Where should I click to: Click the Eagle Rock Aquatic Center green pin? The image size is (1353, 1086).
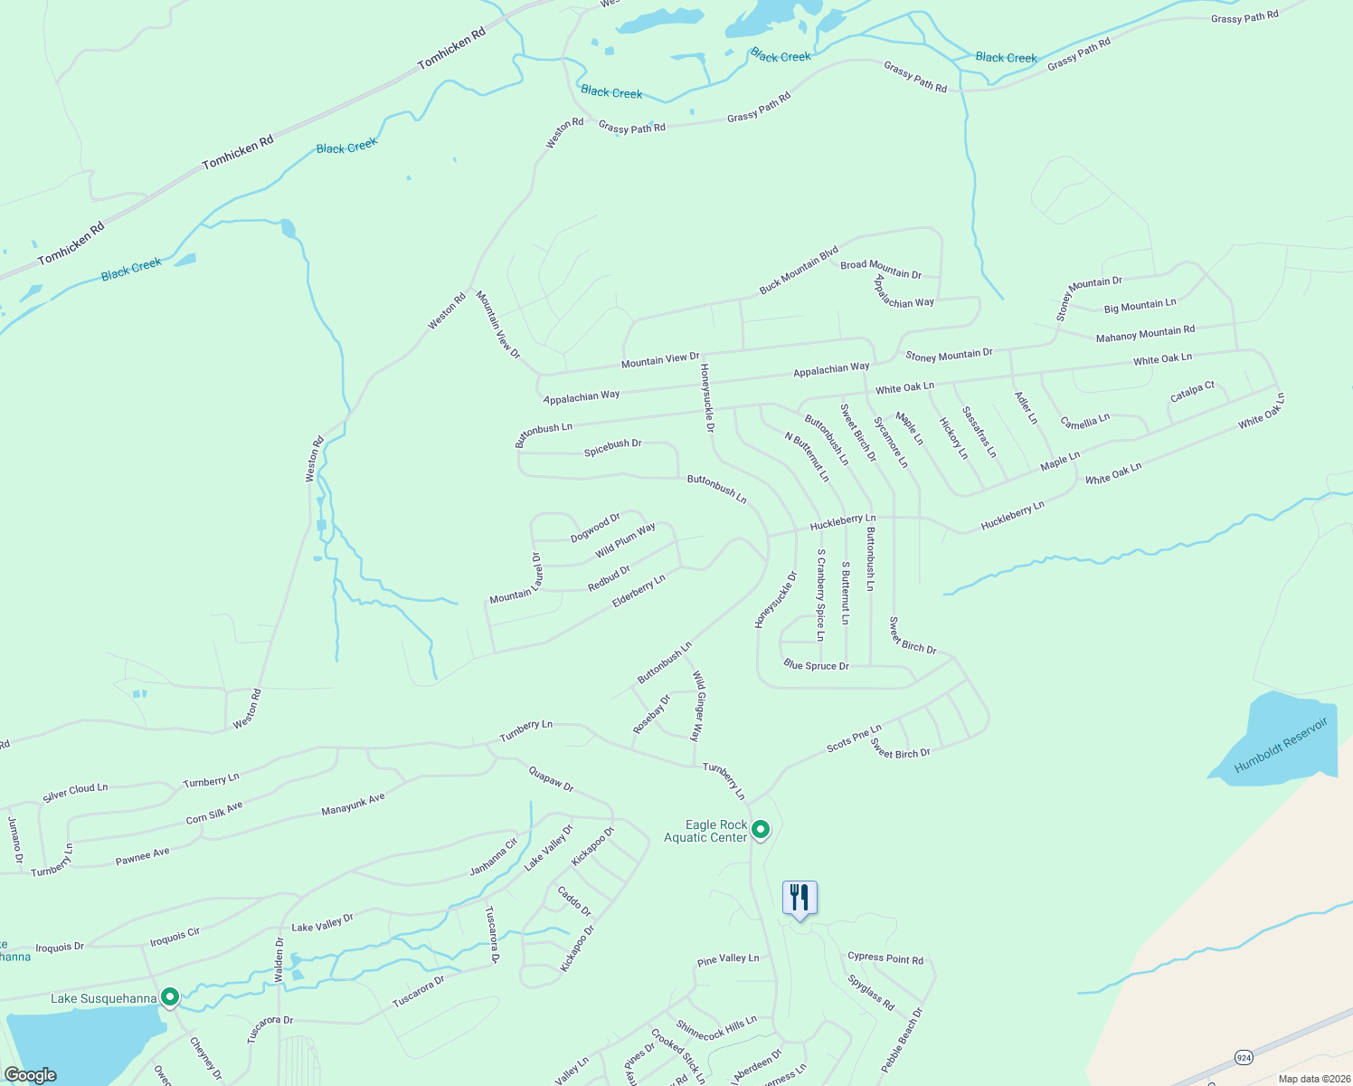coord(761,829)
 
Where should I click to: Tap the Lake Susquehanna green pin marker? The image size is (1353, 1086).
coord(169,997)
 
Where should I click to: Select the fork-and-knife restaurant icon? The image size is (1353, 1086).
coord(799,898)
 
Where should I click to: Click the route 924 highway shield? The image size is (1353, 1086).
coord(1245,1056)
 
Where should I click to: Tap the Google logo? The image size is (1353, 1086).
coord(30,1075)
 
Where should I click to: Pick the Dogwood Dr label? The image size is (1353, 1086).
coord(595,528)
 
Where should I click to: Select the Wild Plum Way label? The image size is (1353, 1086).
coord(625,540)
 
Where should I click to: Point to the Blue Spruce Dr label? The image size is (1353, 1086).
coord(816,665)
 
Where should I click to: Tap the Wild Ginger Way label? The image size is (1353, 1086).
coord(697,706)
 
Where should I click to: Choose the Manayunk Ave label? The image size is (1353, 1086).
coord(353,804)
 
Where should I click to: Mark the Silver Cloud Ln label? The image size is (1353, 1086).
coord(75,793)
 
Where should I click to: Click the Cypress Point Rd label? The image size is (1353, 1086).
coord(885,957)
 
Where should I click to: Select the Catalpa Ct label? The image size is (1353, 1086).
coord(1192,392)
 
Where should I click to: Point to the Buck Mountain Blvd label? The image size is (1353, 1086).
coord(799,270)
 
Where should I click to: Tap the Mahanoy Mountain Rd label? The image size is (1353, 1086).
coord(1145,334)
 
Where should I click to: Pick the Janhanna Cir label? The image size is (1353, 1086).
coord(493,856)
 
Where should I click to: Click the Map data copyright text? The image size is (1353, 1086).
coord(1314,1079)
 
